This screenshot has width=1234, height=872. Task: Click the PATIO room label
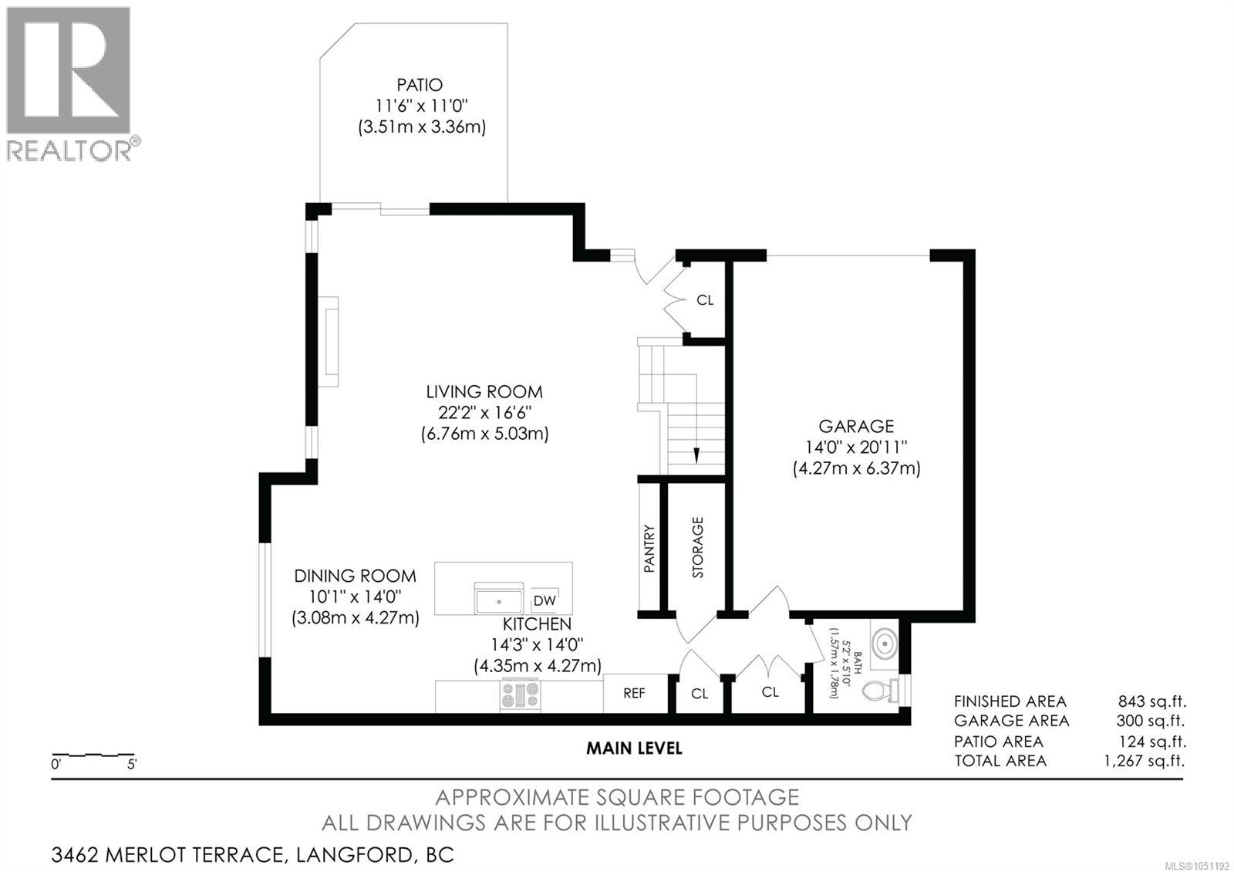(x=420, y=85)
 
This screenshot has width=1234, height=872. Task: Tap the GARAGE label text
(x=856, y=426)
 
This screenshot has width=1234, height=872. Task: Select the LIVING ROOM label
(x=484, y=392)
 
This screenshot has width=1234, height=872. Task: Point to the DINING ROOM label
(x=355, y=576)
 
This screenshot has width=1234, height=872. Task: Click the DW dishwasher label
(x=545, y=601)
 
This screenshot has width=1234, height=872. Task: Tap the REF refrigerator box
(x=635, y=693)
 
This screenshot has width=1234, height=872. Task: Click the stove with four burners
(x=520, y=695)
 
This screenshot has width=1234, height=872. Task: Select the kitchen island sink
(x=498, y=599)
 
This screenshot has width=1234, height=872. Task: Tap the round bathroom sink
(x=885, y=643)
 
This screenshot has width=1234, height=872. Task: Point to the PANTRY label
(x=649, y=548)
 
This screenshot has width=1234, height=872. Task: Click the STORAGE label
(x=697, y=547)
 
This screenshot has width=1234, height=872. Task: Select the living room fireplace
(x=329, y=342)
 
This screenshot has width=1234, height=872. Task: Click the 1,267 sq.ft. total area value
(x=1145, y=761)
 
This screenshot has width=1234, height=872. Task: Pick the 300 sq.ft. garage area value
(x=1150, y=721)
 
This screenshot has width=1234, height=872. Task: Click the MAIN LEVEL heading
(x=634, y=748)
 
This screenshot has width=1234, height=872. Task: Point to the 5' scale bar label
(x=132, y=765)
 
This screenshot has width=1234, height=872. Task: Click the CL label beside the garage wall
(x=705, y=300)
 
